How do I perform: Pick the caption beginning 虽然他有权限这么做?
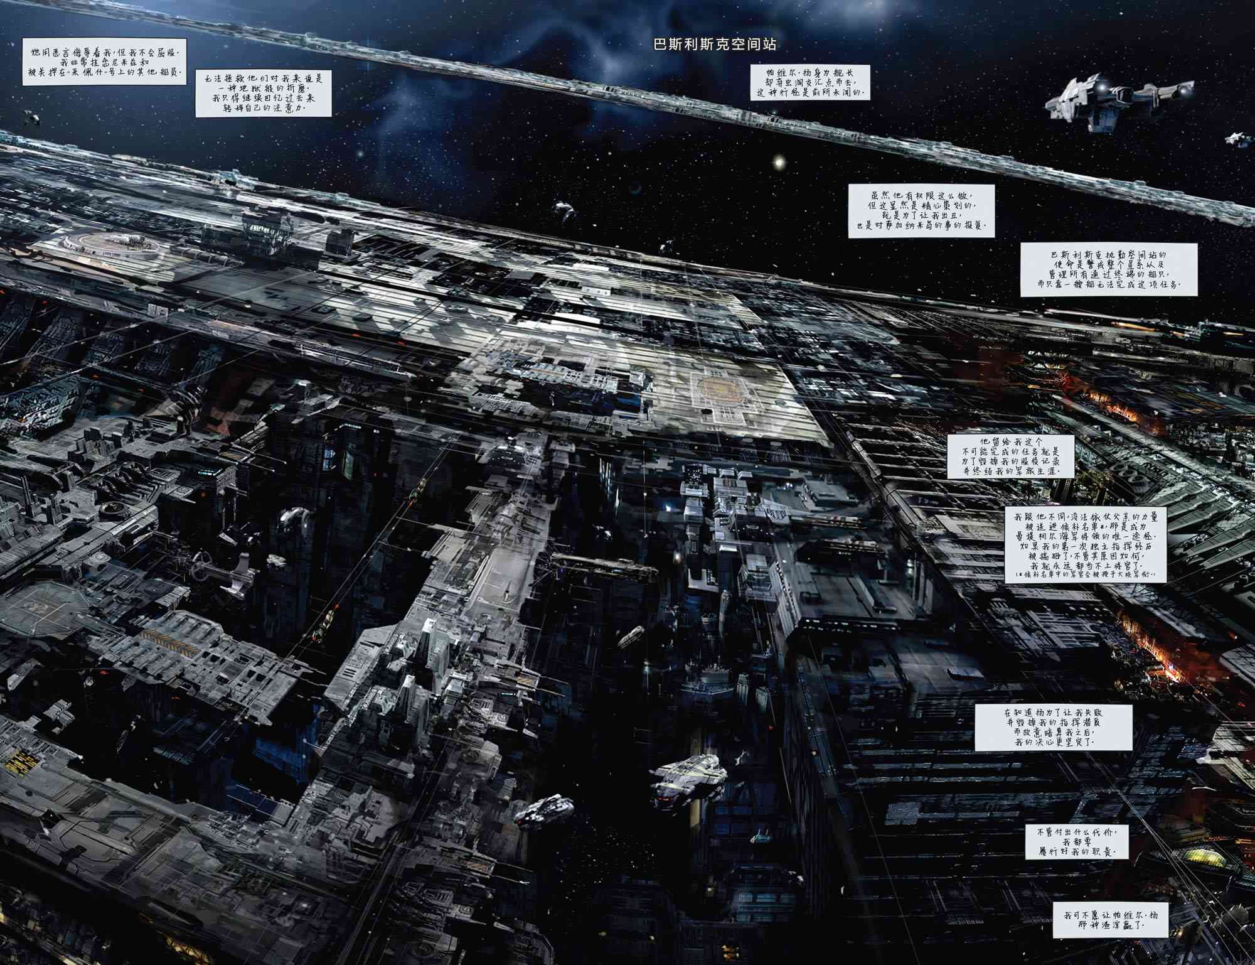(921, 210)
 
